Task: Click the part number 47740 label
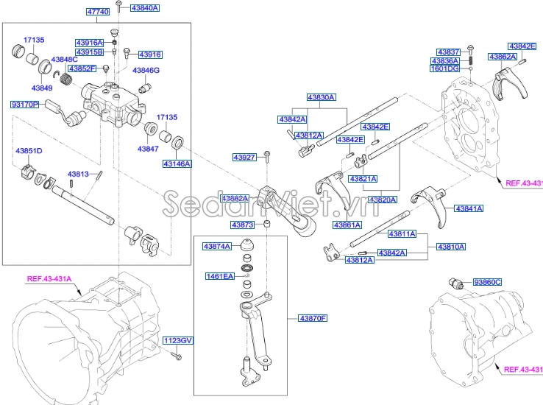tap(98, 12)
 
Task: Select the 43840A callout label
tap(143, 8)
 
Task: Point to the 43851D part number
tap(29, 151)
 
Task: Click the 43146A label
tap(177, 163)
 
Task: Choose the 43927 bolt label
tap(244, 158)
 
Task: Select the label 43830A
tap(321, 97)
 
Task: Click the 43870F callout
tap(313, 318)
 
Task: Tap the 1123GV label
tap(177, 340)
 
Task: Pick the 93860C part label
tap(486, 282)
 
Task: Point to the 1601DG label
tap(444, 68)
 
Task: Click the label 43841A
tap(468, 209)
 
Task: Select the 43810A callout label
tap(451, 247)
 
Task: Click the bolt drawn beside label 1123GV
tap(177, 356)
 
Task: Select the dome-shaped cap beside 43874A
tap(249, 244)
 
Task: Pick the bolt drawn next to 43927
tap(268, 156)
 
